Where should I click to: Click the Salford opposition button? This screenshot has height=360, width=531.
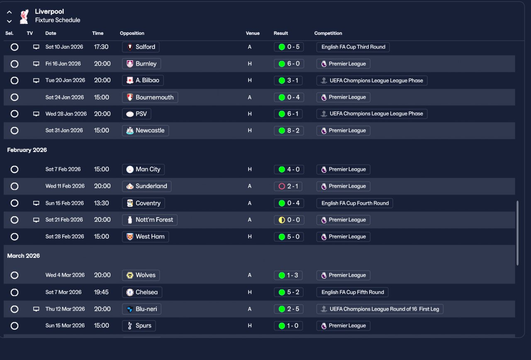[x=141, y=47]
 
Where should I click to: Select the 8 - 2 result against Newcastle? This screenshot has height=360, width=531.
[x=289, y=130]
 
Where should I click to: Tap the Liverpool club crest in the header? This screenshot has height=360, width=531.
[x=24, y=16]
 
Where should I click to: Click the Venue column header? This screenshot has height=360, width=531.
[x=253, y=33]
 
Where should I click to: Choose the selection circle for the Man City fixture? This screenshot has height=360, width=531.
[x=15, y=169]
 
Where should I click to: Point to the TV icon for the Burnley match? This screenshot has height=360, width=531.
[x=36, y=64]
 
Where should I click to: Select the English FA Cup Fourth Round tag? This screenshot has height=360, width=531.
[x=355, y=203]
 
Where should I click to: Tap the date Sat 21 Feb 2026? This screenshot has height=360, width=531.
[x=64, y=220]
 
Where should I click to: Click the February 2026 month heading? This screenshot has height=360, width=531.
[x=27, y=150]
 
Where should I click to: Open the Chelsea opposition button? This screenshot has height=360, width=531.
[x=142, y=292]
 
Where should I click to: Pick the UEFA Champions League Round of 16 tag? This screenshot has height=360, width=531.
[x=380, y=309]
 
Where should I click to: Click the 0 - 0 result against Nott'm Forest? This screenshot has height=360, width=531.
[x=289, y=220]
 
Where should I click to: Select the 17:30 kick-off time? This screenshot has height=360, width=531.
[x=101, y=47]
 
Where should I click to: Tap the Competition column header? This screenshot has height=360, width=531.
[x=328, y=33]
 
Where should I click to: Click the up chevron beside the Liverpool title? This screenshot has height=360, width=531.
[x=9, y=12]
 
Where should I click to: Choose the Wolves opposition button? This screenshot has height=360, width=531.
[x=141, y=275]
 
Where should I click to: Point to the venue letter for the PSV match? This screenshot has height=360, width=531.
[x=250, y=114]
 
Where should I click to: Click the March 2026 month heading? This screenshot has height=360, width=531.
[x=24, y=256]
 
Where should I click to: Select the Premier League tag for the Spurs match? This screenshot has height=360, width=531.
[x=343, y=326]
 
